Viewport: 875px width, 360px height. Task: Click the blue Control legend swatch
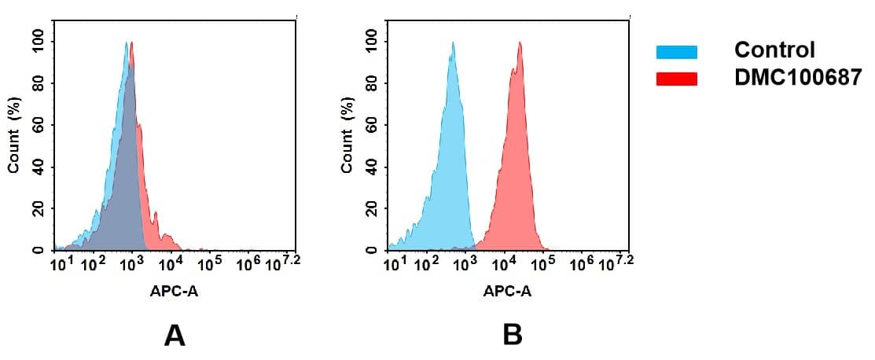(x=676, y=52)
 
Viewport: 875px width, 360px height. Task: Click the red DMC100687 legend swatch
(x=676, y=79)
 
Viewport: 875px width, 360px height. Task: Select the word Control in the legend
(x=774, y=50)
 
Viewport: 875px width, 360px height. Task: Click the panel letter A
(x=175, y=336)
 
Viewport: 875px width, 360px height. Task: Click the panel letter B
(x=513, y=336)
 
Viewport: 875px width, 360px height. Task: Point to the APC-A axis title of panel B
(x=508, y=292)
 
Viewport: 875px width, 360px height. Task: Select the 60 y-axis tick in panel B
(x=371, y=125)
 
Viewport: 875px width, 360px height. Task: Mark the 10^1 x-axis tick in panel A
(x=61, y=263)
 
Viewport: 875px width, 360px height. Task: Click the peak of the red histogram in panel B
(x=520, y=44)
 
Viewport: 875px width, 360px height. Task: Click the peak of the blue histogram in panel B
(x=453, y=44)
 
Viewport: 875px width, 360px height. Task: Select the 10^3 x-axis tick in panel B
(x=465, y=263)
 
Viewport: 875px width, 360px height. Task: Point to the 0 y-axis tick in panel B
(x=371, y=251)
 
